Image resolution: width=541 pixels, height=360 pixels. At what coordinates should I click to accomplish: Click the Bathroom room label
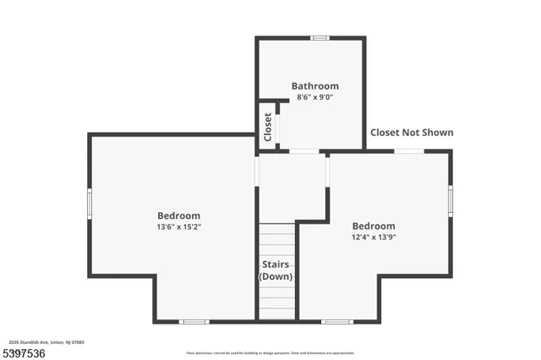pos(314,86)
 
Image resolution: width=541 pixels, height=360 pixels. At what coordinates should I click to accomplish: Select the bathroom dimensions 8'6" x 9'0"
pos(314,97)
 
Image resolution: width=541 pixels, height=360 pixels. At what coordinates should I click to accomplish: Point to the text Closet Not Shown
pos(412,133)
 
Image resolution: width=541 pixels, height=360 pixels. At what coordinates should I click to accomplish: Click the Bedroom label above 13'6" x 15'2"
pos(178,215)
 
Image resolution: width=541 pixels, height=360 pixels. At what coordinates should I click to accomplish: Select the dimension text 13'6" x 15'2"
pos(178,226)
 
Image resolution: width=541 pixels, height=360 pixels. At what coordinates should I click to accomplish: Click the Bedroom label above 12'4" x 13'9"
pos(374,226)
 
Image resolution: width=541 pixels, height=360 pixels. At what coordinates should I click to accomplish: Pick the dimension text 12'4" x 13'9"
pos(374,237)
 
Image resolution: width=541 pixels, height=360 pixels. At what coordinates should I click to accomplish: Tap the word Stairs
pos(276,265)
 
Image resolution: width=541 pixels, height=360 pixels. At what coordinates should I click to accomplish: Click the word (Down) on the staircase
pos(276,277)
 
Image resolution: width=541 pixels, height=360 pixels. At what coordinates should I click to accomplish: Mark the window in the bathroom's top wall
pos(320,38)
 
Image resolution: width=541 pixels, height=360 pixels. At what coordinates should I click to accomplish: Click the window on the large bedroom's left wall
pos(90,204)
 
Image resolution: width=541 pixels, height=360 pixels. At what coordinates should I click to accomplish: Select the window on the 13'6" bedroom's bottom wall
pos(194,321)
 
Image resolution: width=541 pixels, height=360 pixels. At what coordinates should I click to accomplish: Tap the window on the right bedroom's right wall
pos(451,200)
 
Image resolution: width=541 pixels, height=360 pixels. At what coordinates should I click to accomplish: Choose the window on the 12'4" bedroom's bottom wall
pos(337,321)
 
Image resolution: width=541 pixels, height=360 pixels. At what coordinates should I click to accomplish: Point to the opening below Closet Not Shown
pos(410,151)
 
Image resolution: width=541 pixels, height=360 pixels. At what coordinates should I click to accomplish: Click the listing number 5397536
pos(22,352)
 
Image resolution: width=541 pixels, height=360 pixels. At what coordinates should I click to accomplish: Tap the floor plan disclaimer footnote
pos(270,353)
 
